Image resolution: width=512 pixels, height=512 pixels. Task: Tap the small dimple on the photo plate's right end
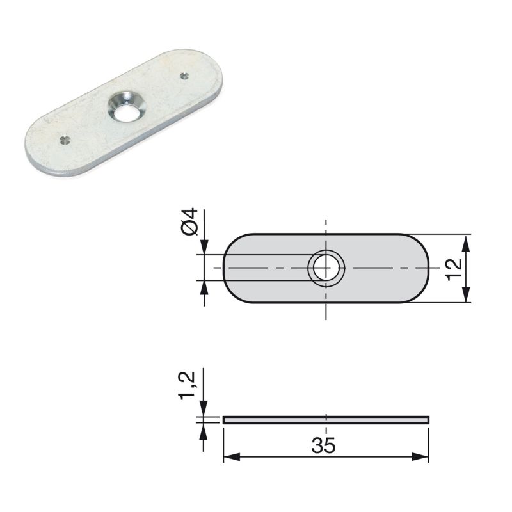[185, 76]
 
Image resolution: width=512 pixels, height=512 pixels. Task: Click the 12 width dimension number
[454, 268]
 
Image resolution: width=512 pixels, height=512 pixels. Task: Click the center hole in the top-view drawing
[326, 268]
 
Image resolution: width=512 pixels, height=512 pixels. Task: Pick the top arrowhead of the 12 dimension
[466, 240]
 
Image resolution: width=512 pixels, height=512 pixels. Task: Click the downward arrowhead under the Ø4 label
[204, 248]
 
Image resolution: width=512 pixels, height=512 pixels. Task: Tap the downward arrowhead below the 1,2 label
[203, 410]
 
